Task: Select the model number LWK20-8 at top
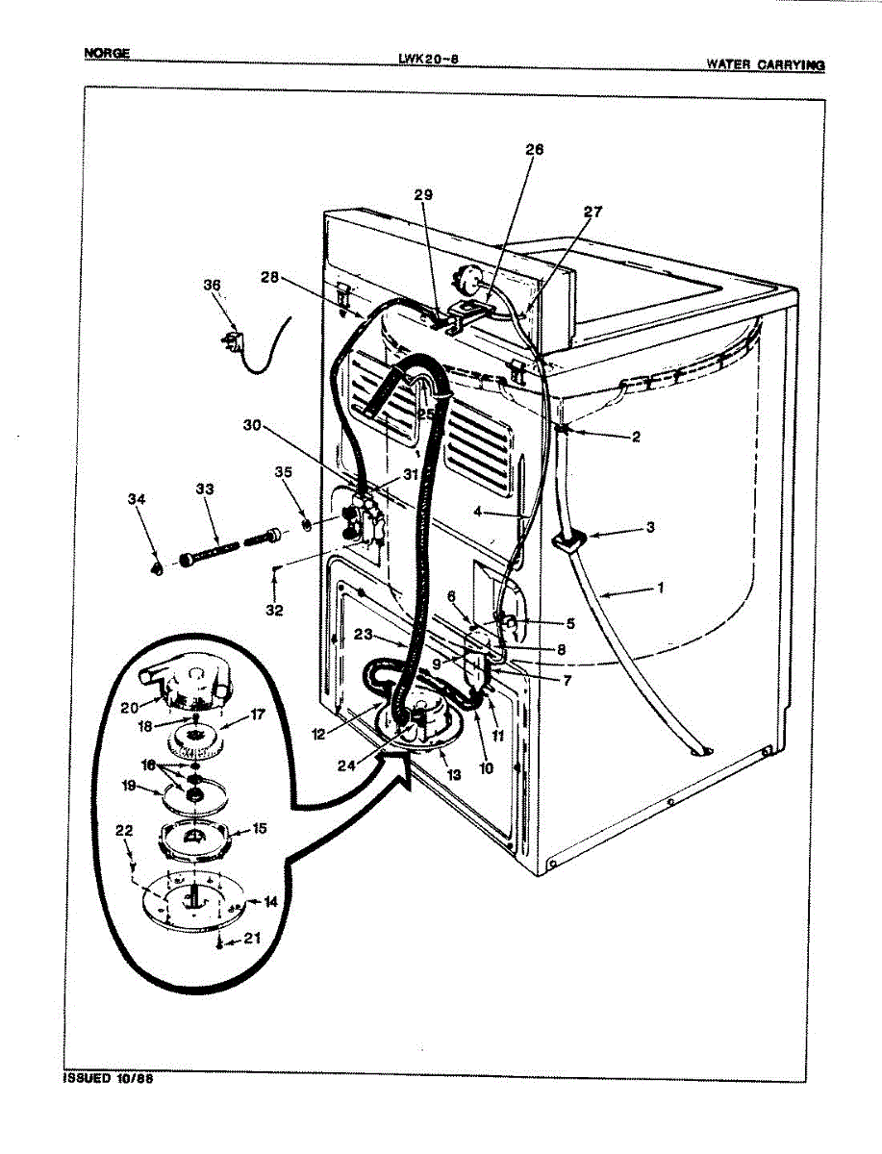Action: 428,58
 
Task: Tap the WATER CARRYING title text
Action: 765,64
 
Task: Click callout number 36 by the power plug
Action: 212,285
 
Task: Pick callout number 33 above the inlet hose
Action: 204,489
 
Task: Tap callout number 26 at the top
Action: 535,149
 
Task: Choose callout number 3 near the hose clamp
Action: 650,528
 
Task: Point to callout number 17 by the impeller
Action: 258,715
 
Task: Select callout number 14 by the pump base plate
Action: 271,902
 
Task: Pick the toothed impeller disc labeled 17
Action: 194,742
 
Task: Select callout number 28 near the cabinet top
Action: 270,278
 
